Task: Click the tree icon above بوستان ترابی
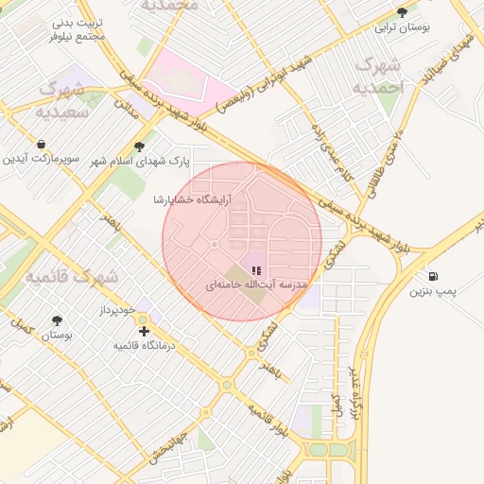click(402, 12)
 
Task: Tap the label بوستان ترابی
click(402, 27)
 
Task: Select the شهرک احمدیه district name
click(376, 75)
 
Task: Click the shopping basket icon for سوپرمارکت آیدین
click(41, 145)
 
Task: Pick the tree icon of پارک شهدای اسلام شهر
click(140, 147)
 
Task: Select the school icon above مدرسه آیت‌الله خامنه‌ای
click(255, 269)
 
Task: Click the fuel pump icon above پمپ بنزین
click(433, 277)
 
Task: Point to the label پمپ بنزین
click(432, 292)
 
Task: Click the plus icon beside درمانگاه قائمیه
click(144, 331)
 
